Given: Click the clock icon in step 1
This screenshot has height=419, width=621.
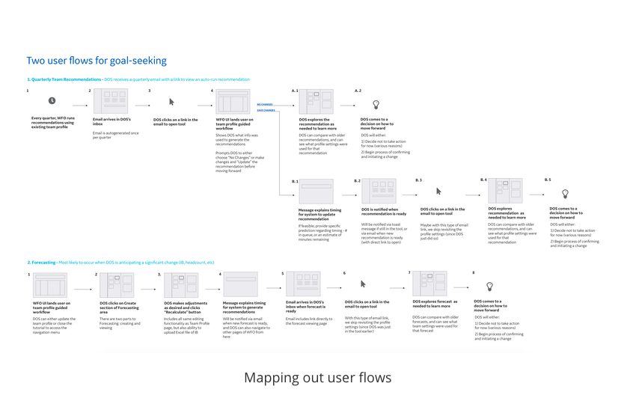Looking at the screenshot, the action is (x=52, y=100).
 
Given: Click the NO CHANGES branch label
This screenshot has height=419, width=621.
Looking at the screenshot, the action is (x=265, y=105).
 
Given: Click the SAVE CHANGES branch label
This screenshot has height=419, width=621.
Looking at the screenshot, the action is (x=265, y=111).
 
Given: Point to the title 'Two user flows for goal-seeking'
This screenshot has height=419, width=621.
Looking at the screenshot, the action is (x=97, y=61).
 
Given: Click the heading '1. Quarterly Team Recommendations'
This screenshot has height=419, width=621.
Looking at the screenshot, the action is (x=64, y=79).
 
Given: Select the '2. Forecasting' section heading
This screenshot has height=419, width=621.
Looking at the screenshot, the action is (x=42, y=263).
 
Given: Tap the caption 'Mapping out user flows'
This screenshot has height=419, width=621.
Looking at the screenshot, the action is (x=317, y=377).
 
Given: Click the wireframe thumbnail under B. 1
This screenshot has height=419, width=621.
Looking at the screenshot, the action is (x=315, y=192).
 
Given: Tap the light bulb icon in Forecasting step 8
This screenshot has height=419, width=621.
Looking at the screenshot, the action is (x=490, y=287).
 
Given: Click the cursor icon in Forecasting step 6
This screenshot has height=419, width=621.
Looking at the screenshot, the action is (x=363, y=284).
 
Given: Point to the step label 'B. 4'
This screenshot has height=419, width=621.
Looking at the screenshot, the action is (x=483, y=180).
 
